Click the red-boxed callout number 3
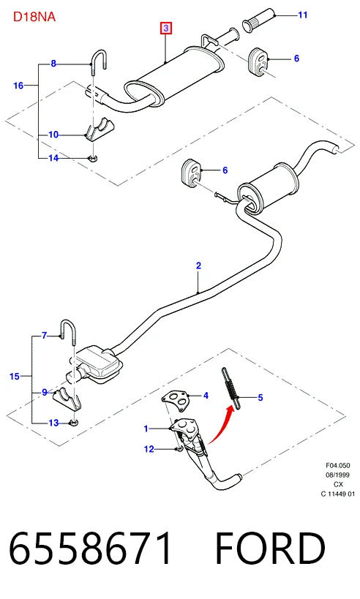point(166,28)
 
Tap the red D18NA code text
point(34,17)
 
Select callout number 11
point(303,15)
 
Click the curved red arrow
point(221,425)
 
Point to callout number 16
point(18,86)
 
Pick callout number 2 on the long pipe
point(198,265)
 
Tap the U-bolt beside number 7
point(67,332)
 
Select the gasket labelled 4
point(175,399)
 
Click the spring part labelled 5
point(230,388)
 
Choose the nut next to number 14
point(92,157)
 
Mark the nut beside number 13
point(73,423)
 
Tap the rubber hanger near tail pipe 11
point(258,60)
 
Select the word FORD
point(269,549)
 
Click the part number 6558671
point(91,549)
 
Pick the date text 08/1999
point(337,475)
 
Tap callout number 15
point(15,376)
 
